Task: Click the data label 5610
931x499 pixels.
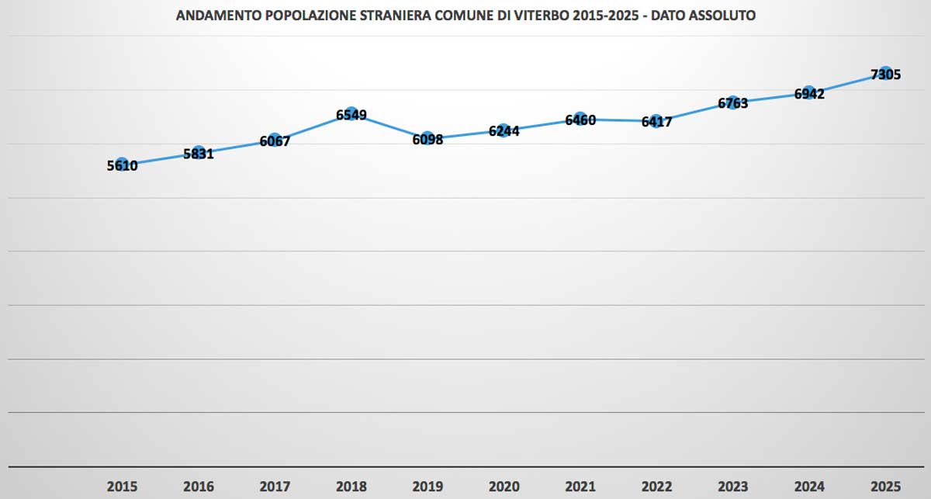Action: pyautogui.click(x=122, y=165)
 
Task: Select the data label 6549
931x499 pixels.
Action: pyautogui.click(x=351, y=115)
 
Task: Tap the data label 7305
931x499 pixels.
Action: pyautogui.click(x=885, y=75)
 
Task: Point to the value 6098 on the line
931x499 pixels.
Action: pyautogui.click(x=427, y=140)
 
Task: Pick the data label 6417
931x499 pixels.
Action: pyautogui.click(x=656, y=122)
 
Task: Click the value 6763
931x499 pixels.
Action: pyautogui.click(x=732, y=102)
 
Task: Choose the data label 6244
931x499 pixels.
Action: pyautogui.click(x=504, y=131)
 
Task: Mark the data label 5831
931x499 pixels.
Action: pyautogui.click(x=198, y=154)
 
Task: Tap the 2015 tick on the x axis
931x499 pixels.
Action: pyautogui.click(x=122, y=487)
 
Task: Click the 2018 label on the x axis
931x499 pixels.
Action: pyautogui.click(x=351, y=487)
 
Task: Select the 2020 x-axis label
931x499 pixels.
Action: pyautogui.click(x=504, y=487)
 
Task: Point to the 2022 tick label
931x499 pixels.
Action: pyautogui.click(x=656, y=487)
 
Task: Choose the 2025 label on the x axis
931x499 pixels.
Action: pyautogui.click(x=885, y=487)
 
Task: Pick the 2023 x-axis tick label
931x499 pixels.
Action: pyautogui.click(x=732, y=487)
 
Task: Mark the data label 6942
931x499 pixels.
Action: pyautogui.click(x=808, y=93)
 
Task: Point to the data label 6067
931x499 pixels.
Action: pyautogui.click(x=275, y=141)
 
